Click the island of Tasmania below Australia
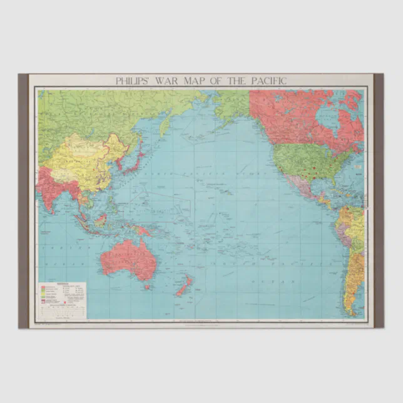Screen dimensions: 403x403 (148, 287)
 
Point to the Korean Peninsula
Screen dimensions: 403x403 (119, 162)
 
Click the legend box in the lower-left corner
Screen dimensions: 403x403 (63, 299)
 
